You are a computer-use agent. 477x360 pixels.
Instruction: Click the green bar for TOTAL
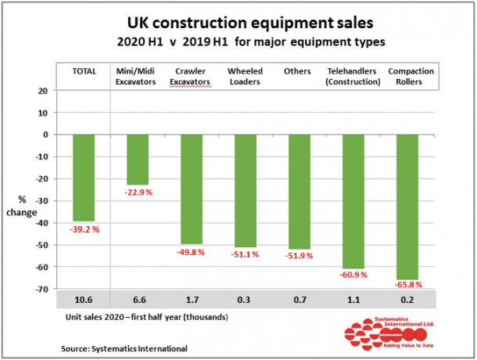[84, 178]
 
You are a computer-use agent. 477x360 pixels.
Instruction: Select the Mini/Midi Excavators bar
[138, 160]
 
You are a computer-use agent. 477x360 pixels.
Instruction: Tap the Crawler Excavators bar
[192, 189]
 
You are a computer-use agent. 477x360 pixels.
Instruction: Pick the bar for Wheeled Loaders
[246, 191]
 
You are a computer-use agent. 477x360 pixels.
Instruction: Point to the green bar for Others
[299, 192]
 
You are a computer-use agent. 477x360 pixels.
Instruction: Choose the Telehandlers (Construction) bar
[353, 201]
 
